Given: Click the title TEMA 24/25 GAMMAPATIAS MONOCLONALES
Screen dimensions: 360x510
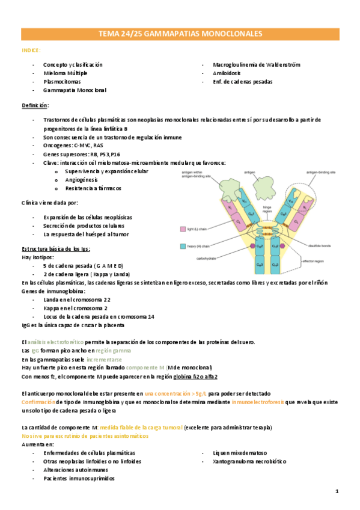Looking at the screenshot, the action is click(x=180, y=34).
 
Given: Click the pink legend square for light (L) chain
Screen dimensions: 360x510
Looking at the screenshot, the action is click(x=183, y=229).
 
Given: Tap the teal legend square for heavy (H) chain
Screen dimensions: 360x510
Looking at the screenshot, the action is click(x=183, y=246).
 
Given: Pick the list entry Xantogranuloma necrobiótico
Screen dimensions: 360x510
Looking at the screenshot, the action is click(x=249, y=461).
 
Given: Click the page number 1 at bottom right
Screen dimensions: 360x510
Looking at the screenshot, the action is click(x=337, y=491).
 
